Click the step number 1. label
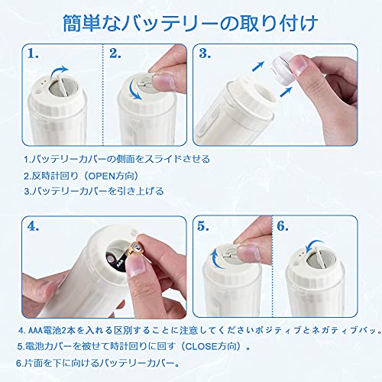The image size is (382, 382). point(33,53)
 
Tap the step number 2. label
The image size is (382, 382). point(115,53)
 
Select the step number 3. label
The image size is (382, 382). point(205,53)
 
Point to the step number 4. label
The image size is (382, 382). point(33,226)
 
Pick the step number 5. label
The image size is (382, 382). point(203,226)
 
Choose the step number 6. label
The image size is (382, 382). point(283,226)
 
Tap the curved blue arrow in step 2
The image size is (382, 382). point(134,89)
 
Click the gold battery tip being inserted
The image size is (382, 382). point(137,248)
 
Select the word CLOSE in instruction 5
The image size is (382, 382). point(202,346)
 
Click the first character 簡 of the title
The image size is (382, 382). point(72,24)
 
